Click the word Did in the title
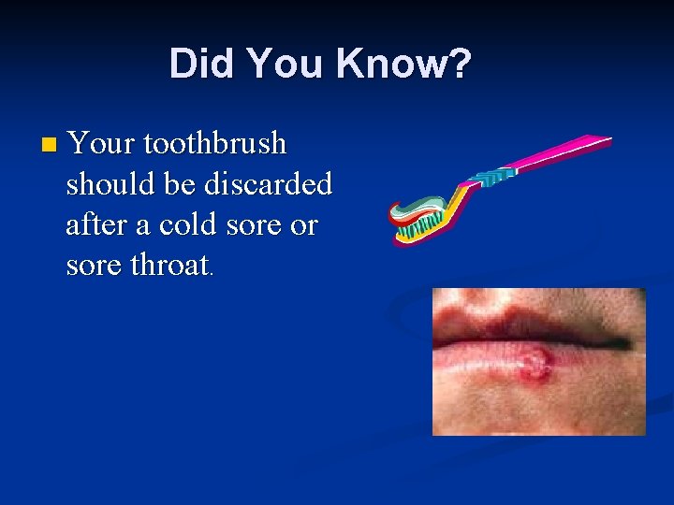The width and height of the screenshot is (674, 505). (x=198, y=65)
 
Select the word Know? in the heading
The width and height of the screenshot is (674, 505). (x=404, y=65)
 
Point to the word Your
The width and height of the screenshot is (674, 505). (x=100, y=144)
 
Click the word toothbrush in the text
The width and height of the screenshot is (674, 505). (x=214, y=144)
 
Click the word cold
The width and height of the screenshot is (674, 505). (x=188, y=225)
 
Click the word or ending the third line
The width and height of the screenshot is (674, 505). (x=304, y=225)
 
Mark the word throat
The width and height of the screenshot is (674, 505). (x=169, y=266)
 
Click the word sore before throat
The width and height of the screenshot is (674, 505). (x=95, y=266)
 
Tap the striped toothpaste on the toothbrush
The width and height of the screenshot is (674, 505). (x=421, y=207)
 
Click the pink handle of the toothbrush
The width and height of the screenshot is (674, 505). (x=562, y=151)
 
